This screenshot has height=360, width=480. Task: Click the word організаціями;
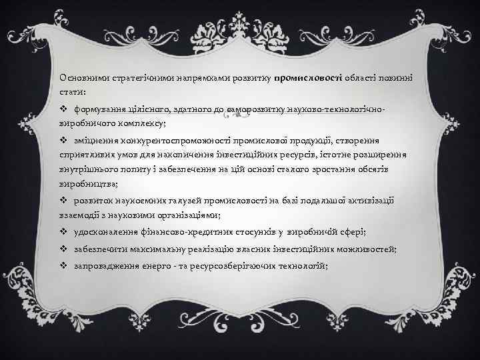point(188,215)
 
